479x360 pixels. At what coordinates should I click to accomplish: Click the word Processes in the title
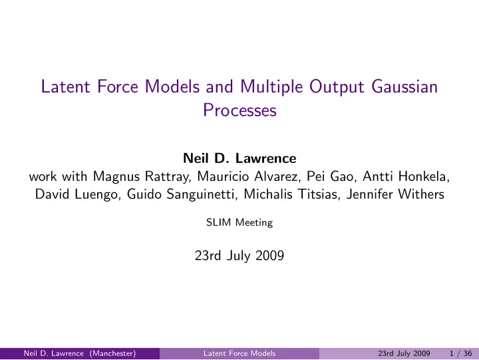(x=239, y=110)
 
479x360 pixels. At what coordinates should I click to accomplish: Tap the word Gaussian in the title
(x=404, y=87)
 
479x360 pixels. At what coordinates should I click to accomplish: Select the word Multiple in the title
(x=271, y=87)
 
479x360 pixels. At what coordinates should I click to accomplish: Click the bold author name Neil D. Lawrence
(x=239, y=158)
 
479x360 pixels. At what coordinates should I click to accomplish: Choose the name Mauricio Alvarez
(x=248, y=176)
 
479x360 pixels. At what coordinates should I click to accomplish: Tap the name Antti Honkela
(x=406, y=176)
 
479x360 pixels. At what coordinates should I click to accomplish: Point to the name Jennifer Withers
(x=395, y=194)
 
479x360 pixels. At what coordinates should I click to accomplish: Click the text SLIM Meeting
(x=239, y=222)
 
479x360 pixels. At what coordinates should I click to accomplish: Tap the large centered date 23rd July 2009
(x=239, y=256)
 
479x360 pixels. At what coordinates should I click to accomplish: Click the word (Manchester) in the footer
(x=112, y=353)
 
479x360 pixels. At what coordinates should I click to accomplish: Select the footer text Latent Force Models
(x=239, y=353)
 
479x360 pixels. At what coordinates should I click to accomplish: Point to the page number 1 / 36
(x=460, y=353)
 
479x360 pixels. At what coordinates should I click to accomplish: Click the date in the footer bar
(x=404, y=353)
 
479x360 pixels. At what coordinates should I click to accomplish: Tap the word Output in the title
(x=337, y=87)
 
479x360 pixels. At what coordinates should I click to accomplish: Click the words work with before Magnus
(x=58, y=176)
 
